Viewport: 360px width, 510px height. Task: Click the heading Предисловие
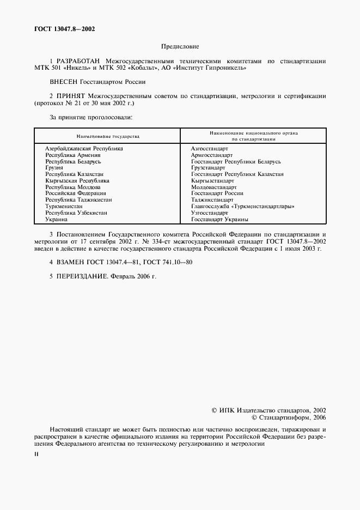point(180,47)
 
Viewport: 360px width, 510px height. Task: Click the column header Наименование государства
point(107,136)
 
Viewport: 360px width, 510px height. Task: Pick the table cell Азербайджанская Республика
point(84,148)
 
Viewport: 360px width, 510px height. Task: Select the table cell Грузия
point(54,168)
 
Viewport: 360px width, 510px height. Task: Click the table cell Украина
point(56,220)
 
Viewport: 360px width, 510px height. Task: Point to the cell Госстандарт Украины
point(219,220)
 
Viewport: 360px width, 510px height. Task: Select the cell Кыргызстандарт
point(212,180)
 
